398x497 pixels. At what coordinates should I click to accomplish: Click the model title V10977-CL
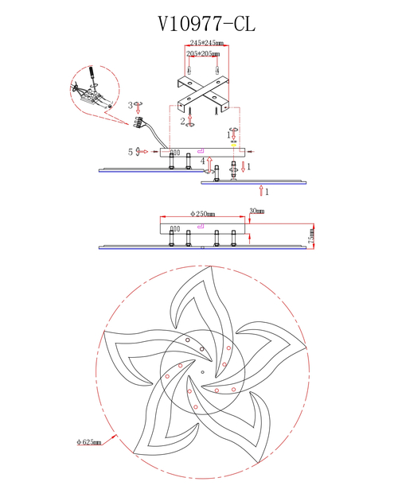(x=207, y=24)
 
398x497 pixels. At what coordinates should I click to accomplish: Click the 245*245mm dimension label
(x=207, y=43)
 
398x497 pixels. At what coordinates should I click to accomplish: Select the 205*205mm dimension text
(x=203, y=54)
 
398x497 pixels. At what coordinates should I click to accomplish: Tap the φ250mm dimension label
(x=202, y=214)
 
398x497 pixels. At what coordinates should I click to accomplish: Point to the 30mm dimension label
(x=257, y=211)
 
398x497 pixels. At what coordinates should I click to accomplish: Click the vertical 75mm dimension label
(x=312, y=235)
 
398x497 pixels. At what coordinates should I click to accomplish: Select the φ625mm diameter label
(x=89, y=442)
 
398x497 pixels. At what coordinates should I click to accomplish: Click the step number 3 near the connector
(x=130, y=105)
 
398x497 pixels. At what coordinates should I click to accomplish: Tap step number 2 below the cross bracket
(x=183, y=121)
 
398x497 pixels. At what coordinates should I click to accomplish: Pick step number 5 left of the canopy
(x=131, y=152)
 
